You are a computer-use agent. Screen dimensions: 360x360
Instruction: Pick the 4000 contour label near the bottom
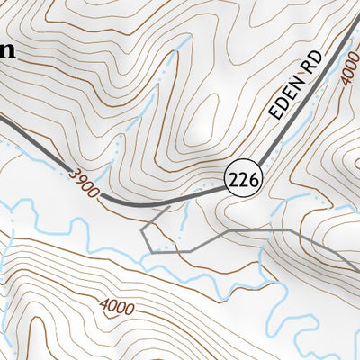pos(117,307)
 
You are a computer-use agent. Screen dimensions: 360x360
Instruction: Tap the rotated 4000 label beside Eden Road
pos(348,76)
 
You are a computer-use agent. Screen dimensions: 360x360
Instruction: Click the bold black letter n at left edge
pos(8,50)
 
